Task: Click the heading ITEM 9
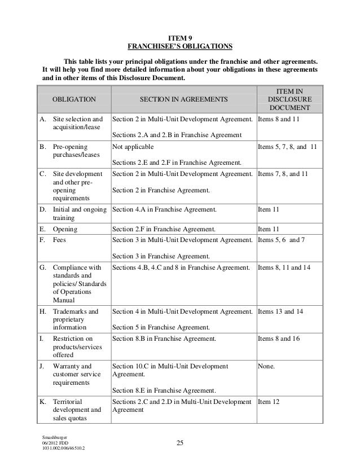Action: click(x=180, y=36)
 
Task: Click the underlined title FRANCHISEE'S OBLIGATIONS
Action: click(x=180, y=46)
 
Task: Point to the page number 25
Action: click(x=180, y=442)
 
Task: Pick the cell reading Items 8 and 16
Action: click(x=282, y=338)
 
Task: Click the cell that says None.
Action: click(x=267, y=366)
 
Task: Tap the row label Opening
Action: click(x=65, y=230)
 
